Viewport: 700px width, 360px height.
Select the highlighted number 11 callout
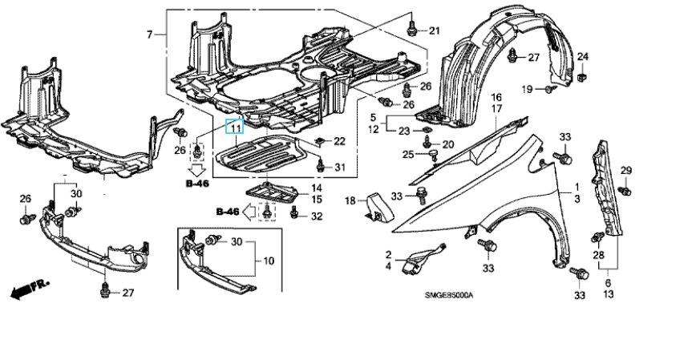click(x=236, y=127)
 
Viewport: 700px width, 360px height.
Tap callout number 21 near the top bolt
click(x=434, y=31)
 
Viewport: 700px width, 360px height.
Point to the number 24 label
click(x=583, y=56)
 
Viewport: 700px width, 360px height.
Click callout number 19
click(x=528, y=88)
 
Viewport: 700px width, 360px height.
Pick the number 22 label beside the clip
click(x=338, y=141)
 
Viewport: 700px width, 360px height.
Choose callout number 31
click(x=339, y=167)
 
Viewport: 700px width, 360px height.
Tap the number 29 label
click(x=626, y=170)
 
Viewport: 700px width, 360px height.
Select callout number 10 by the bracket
click(x=268, y=261)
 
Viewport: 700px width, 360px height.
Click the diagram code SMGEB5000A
click(x=449, y=294)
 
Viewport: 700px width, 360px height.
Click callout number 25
click(x=408, y=155)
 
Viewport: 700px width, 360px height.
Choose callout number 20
click(x=447, y=144)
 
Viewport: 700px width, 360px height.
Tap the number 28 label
click(x=597, y=254)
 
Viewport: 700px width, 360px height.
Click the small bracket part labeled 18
click(x=376, y=206)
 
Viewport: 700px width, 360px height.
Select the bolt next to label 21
click(x=411, y=28)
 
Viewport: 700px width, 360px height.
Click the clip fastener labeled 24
click(x=581, y=76)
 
